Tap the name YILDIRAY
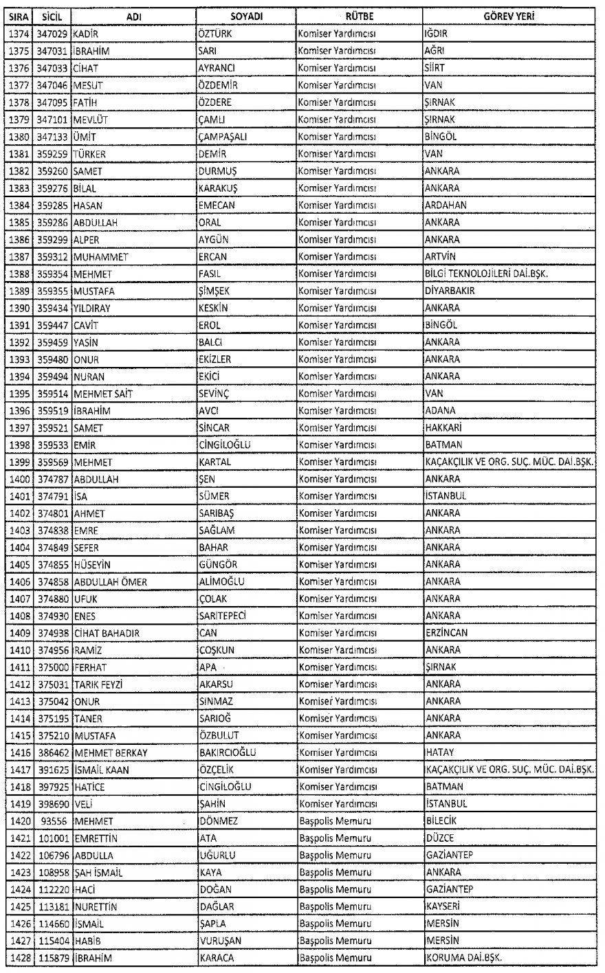point(92,309)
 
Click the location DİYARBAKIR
point(450,291)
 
